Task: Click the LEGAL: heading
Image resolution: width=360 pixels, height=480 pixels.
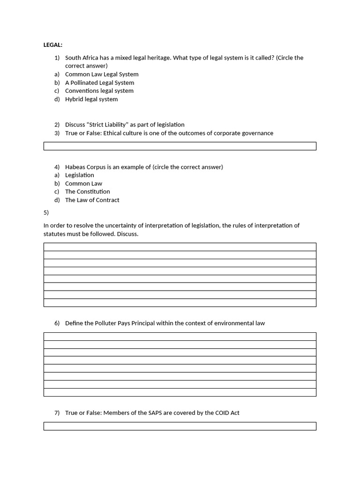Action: pos(53,45)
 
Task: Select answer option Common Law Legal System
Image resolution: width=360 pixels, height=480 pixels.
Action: pos(102,74)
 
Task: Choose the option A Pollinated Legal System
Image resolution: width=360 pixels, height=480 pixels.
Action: pos(99,82)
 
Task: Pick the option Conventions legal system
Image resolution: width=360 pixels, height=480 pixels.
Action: pos(99,90)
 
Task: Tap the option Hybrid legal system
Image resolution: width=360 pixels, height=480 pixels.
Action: pos(91,99)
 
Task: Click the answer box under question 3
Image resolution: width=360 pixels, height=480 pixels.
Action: pos(180,146)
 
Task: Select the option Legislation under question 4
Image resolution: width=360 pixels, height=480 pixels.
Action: pos(79,175)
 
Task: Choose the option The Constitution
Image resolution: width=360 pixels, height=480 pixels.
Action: pos(87,191)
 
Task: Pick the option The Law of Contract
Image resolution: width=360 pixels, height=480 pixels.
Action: pos(92,200)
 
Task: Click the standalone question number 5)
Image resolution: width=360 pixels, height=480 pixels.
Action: pos(46,212)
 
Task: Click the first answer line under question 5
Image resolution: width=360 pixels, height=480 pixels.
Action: pos(180,247)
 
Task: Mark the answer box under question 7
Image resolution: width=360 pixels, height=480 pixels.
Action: pos(180,426)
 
